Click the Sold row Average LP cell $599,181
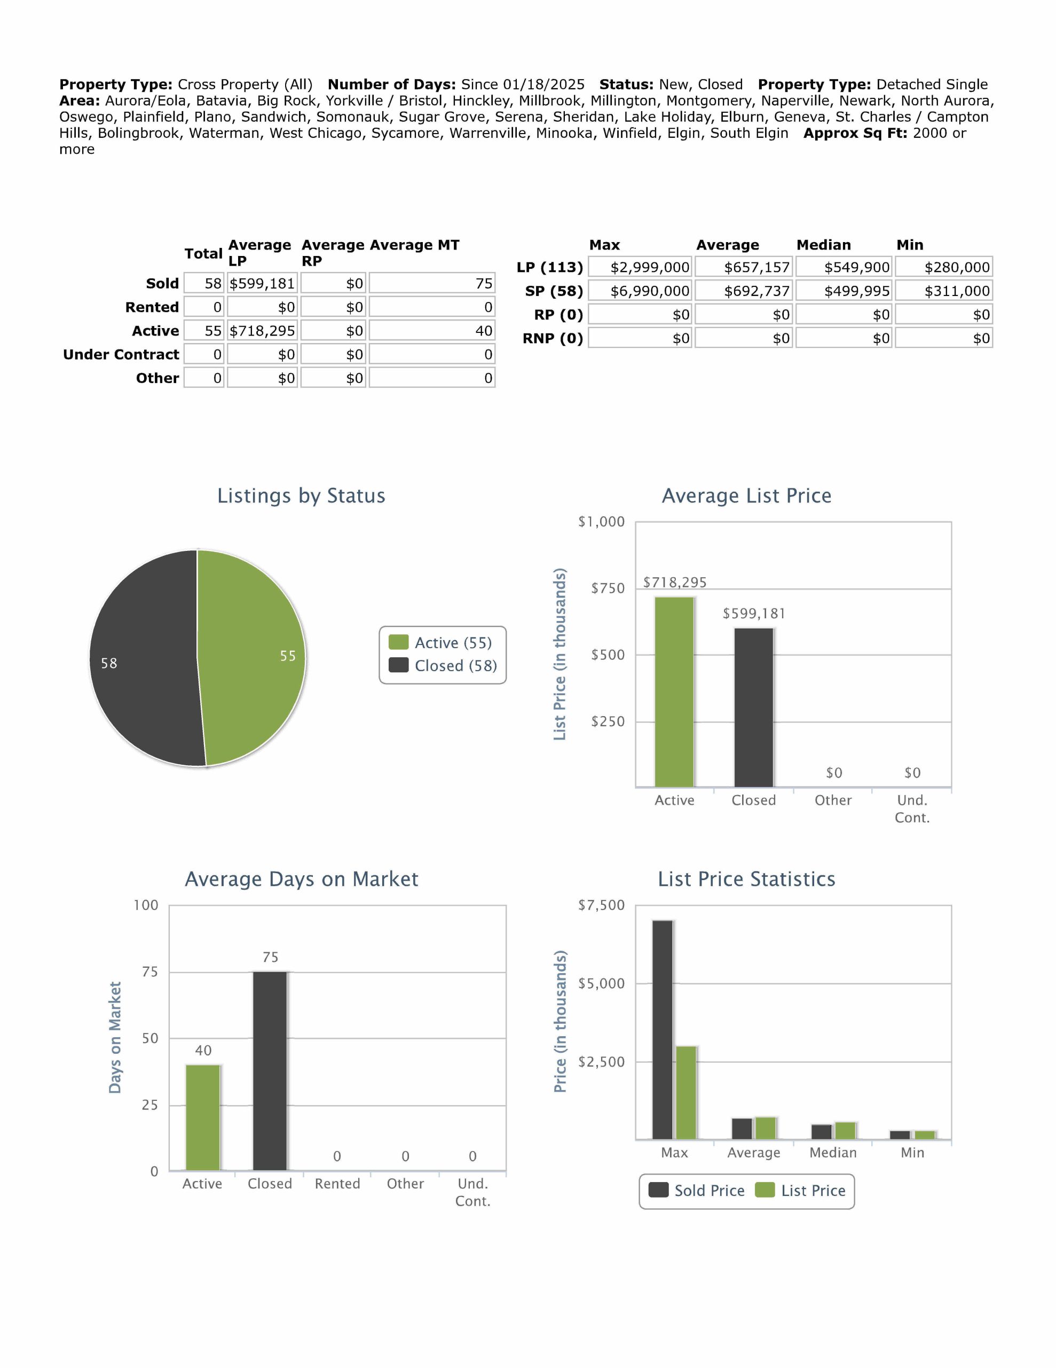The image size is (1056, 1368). pyautogui.click(x=262, y=284)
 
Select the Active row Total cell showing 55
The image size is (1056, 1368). pyautogui.click(x=204, y=331)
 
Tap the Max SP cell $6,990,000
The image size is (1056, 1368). pyautogui.click(x=640, y=291)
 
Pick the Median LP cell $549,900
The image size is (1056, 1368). pyautogui.click(x=845, y=268)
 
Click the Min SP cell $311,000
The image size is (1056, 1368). pyautogui.click(x=944, y=291)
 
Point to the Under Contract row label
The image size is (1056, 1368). pyautogui.click(x=121, y=354)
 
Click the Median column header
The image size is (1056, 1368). pyautogui.click(x=823, y=245)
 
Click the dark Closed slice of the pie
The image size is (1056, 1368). pyautogui.click(x=144, y=658)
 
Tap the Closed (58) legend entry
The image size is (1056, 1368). pyautogui.click(x=443, y=666)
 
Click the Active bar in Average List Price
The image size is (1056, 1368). pyautogui.click(x=674, y=691)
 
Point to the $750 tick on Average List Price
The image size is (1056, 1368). pyautogui.click(x=607, y=588)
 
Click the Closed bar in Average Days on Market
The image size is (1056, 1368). pyautogui.click(x=270, y=1071)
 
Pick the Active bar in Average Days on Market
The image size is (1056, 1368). pyautogui.click(x=203, y=1117)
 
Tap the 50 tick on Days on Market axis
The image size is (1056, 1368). pyautogui.click(x=149, y=1038)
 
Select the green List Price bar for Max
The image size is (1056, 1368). pyautogui.click(x=687, y=1092)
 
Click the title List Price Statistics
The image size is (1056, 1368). pyautogui.click(x=746, y=880)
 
